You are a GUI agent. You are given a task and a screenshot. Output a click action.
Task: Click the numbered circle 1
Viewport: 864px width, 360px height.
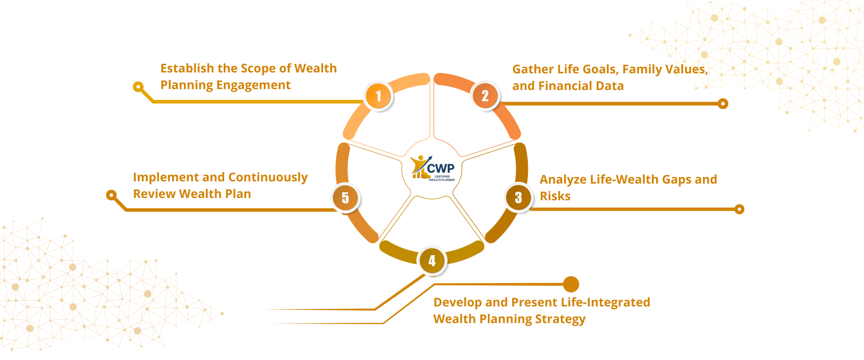378,96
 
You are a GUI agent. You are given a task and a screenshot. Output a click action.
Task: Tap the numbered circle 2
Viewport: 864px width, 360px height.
485,96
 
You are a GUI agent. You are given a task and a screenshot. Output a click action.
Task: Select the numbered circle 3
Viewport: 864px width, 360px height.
518,197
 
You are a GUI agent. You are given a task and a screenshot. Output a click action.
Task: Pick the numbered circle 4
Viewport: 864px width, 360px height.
432,261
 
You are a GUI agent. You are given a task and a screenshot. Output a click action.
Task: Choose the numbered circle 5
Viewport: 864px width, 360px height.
345,198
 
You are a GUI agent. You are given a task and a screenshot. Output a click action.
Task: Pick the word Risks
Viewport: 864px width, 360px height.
555,196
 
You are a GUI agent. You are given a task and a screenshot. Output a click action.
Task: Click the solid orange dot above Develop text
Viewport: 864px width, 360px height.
571,284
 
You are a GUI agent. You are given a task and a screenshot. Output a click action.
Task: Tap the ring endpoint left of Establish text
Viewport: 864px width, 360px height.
138,86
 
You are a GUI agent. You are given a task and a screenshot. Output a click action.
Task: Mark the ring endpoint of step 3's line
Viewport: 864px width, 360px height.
739,209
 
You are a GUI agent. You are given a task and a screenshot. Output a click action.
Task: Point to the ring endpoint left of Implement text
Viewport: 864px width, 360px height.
111,195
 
